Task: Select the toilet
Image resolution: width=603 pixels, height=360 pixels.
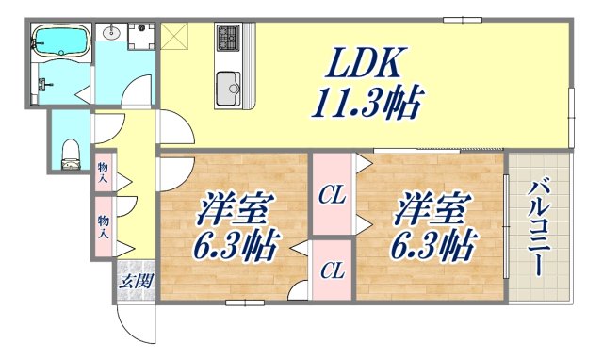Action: [x=70, y=154]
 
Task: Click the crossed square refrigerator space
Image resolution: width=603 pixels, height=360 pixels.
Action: [x=174, y=39]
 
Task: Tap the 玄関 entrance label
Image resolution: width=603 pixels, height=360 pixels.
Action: [x=136, y=281]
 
